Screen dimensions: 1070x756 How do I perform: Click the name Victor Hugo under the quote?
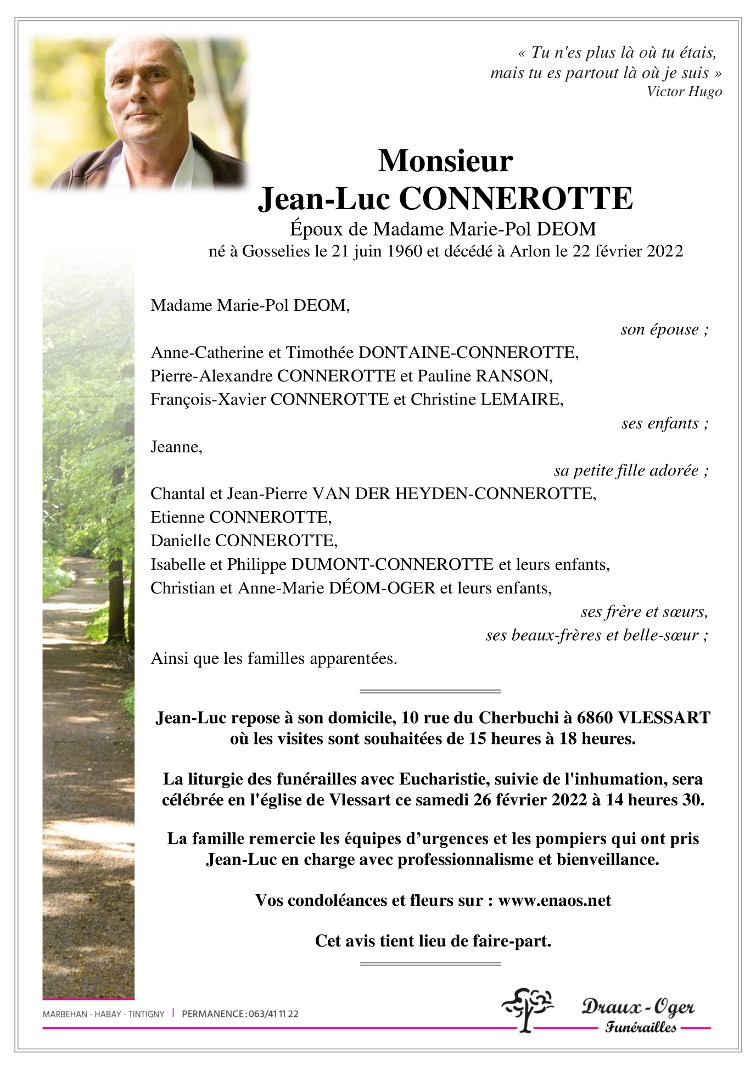(684, 92)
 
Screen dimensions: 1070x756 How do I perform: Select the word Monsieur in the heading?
(445, 161)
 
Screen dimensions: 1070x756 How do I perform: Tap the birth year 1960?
(405, 251)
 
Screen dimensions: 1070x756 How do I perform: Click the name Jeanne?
(176, 447)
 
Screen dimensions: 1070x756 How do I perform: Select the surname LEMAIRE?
(522, 400)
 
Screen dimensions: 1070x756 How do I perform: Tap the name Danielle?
(181, 541)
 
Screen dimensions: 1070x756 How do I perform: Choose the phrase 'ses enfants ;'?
(664, 423)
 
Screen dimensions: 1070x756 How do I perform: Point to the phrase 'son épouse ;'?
(664, 329)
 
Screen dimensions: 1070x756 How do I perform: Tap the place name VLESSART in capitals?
(664, 718)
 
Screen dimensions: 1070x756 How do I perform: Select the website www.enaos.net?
(555, 900)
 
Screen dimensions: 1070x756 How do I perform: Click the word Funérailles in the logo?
(640, 1027)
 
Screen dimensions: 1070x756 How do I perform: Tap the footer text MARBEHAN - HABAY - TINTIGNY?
(103, 1014)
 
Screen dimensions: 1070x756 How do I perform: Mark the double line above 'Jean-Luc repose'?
(430, 691)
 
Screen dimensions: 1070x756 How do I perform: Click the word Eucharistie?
(442, 779)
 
